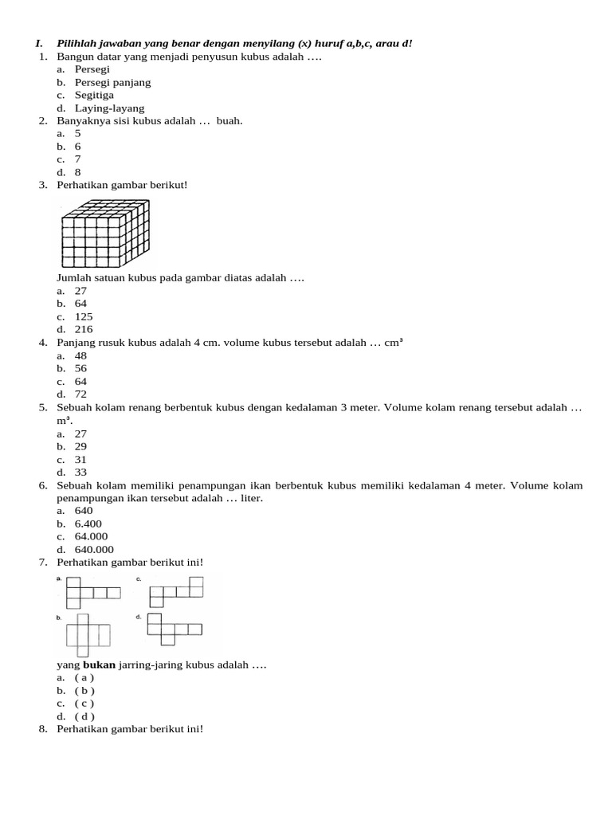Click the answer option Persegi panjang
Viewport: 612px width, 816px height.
click(112, 82)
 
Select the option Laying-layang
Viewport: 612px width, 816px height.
click(109, 108)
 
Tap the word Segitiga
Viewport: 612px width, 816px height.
click(94, 95)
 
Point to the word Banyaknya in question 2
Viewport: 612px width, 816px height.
click(83, 121)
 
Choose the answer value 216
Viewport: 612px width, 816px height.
click(84, 329)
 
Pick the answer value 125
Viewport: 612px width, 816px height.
click(84, 316)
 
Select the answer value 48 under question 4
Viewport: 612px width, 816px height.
click(80, 355)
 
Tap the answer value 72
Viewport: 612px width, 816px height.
click(80, 394)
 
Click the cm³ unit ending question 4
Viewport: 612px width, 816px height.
click(394, 343)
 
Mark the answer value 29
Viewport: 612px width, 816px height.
click(80, 446)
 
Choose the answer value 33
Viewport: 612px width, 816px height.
click(80, 473)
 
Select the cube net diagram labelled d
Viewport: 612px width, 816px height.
click(174, 629)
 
